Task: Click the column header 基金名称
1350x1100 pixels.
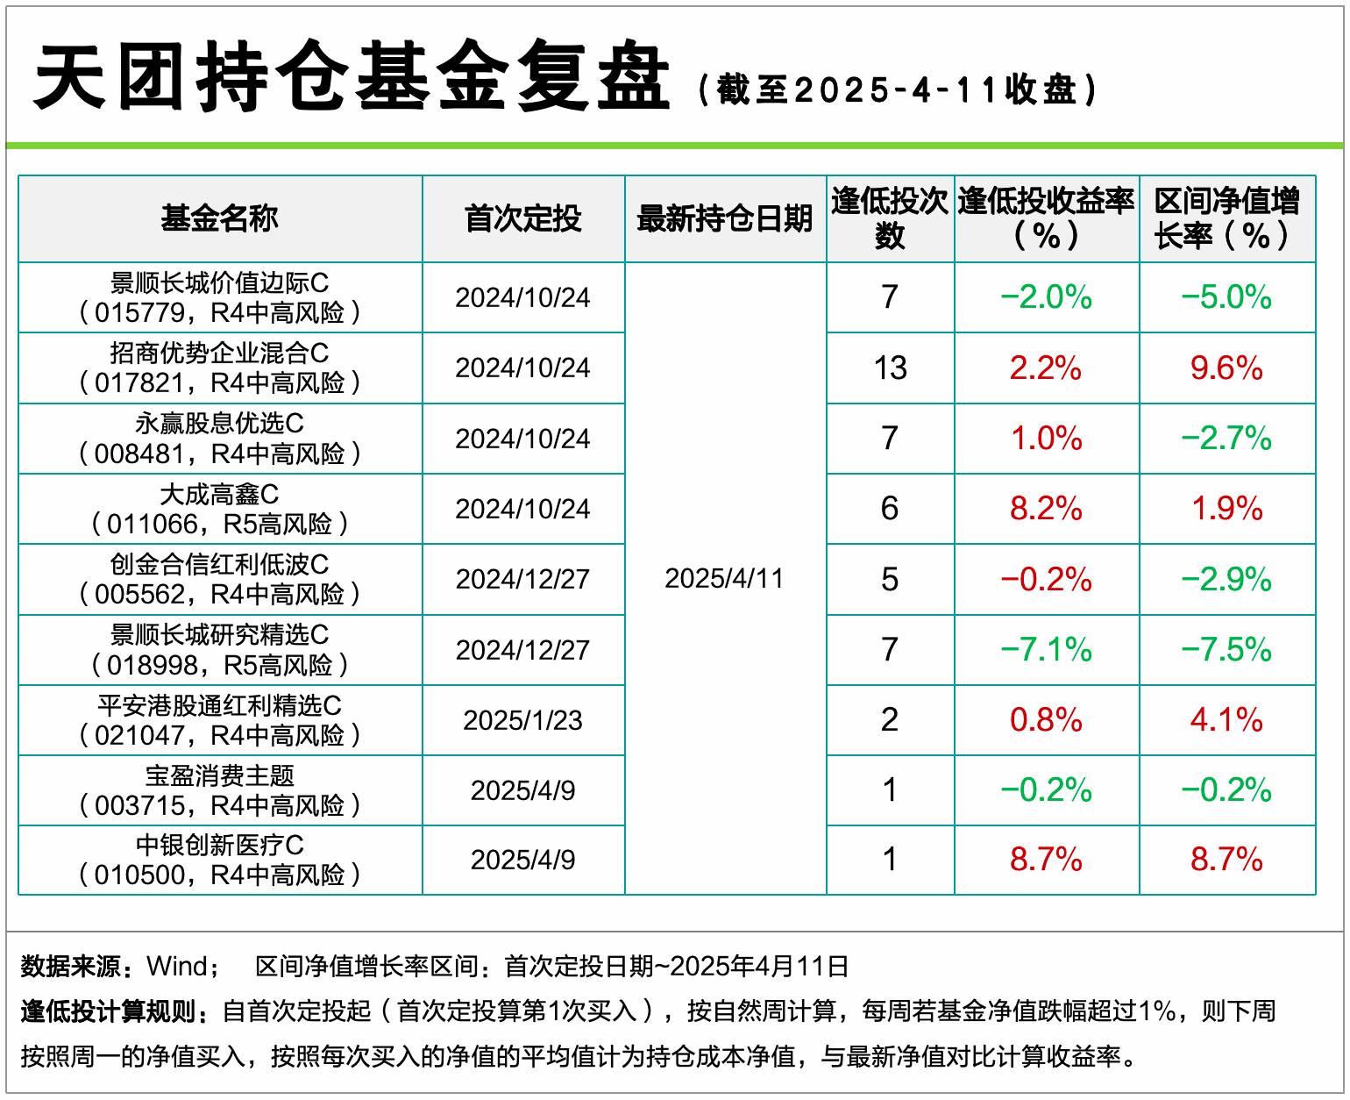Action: click(x=219, y=218)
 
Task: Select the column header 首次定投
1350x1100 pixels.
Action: click(x=522, y=218)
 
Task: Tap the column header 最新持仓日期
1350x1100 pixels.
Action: click(x=725, y=218)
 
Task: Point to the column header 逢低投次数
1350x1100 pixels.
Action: click(x=890, y=218)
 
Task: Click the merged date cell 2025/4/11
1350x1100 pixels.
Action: click(x=724, y=579)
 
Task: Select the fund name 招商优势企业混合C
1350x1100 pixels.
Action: click(x=219, y=354)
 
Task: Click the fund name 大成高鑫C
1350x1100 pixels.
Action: click(x=219, y=495)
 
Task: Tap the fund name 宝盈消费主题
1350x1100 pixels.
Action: click(x=219, y=776)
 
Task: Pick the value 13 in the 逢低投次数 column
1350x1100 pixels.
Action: click(x=890, y=368)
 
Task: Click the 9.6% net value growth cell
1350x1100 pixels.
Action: click(x=1226, y=368)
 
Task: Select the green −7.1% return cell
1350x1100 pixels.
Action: click(x=1046, y=650)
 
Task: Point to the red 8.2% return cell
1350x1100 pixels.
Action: click(x=1046, y=509)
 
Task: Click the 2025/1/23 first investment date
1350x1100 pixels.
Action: click(x=522, y=720)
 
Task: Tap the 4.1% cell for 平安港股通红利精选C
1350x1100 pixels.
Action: click(x=1226, y=720)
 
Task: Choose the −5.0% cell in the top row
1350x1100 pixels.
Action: click(x=1226, y=297)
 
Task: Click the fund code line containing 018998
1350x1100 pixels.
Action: click(x=219, y=666)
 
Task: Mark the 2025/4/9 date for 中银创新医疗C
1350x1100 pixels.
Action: click(x=522, y=860)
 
